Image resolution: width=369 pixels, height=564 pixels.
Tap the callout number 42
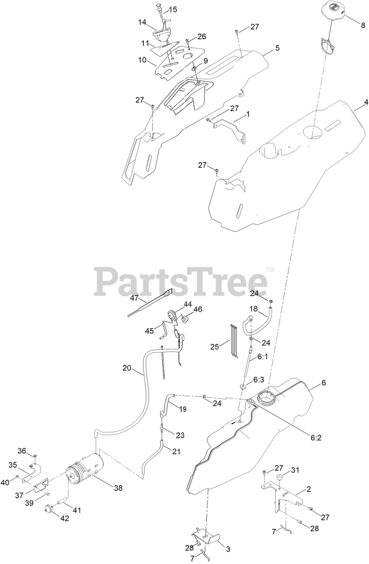point(64,519)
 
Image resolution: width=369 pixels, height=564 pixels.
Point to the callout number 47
point(134,298)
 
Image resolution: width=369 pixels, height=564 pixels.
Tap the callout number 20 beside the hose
point(127,367)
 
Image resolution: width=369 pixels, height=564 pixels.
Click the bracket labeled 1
point(229,128)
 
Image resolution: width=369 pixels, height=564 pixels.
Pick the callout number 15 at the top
point(173,9)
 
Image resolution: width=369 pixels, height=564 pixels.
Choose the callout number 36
point(22,450)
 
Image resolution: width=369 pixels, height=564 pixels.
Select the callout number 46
point(198,310)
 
